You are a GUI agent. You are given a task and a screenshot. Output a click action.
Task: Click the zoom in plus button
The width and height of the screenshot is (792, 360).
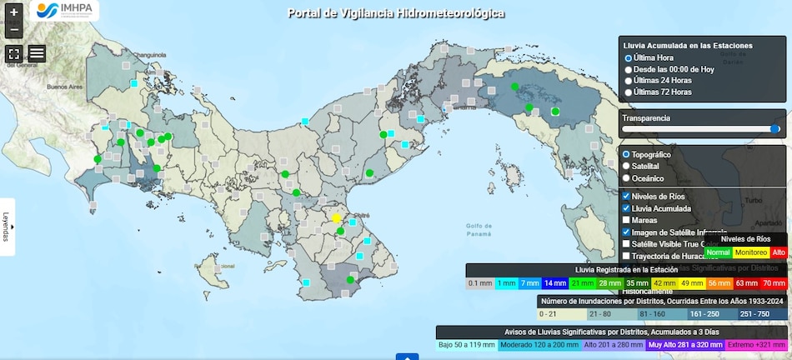coord(13,12)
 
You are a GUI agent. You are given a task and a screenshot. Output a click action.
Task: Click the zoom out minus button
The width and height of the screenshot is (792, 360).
coord(13,30)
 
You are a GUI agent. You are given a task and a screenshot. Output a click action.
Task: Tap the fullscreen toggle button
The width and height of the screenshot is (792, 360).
coord(13,53)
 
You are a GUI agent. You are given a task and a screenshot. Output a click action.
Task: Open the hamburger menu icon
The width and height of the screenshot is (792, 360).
coord(37,53)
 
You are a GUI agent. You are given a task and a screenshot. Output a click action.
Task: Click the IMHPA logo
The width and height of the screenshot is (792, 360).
coord(64,11)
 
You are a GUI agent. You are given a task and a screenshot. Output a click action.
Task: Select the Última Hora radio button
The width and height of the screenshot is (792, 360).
coord(629,57)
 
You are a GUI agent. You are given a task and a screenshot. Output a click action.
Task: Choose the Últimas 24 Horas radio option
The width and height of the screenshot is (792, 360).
coord(629,81)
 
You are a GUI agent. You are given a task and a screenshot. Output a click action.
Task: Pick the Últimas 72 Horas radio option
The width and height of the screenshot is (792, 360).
coord(629,92)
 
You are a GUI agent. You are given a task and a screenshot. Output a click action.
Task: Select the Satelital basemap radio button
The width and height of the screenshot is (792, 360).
coord(627,167)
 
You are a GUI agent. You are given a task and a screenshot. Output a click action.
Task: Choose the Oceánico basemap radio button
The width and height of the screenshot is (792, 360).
coord(627,178)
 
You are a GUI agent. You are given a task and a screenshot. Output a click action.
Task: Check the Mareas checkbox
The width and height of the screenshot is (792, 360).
coord(627,220)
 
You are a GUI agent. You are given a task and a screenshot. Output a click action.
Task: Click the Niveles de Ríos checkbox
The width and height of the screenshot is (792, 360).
coord(627,196)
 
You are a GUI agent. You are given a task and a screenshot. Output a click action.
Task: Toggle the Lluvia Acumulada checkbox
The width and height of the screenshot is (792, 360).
coord(627,208)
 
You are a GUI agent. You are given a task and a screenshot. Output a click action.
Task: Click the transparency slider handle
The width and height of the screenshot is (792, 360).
coord(775,129)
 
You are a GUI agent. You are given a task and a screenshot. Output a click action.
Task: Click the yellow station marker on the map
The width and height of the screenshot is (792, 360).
coord(337,218)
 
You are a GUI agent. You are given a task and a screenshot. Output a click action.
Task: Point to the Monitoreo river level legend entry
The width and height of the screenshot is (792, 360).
coord(751,252)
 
